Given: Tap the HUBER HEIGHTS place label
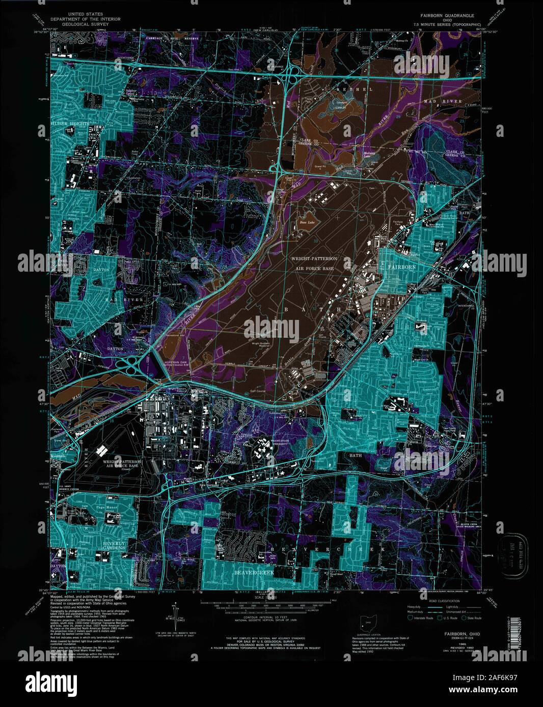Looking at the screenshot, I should [x=70, y=124].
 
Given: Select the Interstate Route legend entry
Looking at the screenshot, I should [x=418, y=618].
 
